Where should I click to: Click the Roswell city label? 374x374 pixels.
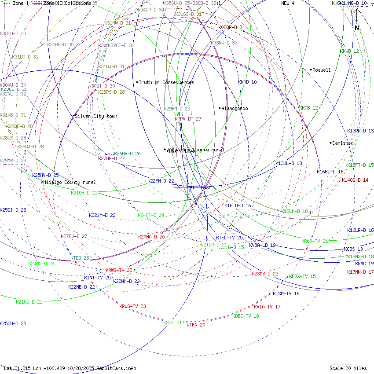pyautogui.click(x=322, y=70)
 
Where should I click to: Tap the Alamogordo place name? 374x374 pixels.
pyautogui.click(x=235, y=108)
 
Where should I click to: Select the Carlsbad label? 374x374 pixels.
pyautogui.click(x=343, y=143)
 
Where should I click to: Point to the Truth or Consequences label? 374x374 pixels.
pyautogui.click(x=166, y=82)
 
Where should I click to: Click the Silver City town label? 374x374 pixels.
pyautogui.click(x=96, y=116)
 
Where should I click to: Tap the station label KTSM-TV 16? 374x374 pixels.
pyautogui.click(x=286, y=293)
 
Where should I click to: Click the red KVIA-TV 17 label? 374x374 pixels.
pyautogui.click(x=267, y=307)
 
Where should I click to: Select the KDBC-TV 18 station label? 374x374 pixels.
pyautogui.click(x=246, y=316)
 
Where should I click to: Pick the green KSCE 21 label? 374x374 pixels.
pyautogui.click(x=172, y=323)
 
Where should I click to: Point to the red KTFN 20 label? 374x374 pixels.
pyautogui.click(x=196, y=325)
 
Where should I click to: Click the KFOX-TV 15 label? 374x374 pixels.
pyautogui.click(x=302, y=276)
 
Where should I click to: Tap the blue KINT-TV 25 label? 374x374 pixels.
pyautogui.click(x=97, y=278)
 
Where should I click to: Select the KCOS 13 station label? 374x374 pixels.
pyautogui.click(x=353, y=249)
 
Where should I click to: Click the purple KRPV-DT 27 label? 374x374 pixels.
pyautogui.click(x=188, y=119)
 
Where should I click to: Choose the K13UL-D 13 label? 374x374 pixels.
pyautogui.click(x=289, y=163)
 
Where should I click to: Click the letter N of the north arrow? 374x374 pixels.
pyautogui.click(x=357, y=28)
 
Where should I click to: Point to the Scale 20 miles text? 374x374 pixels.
pyautogui.click(x=348, y=368)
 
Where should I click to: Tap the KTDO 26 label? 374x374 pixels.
pyautogui.click(x=80, y=258)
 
